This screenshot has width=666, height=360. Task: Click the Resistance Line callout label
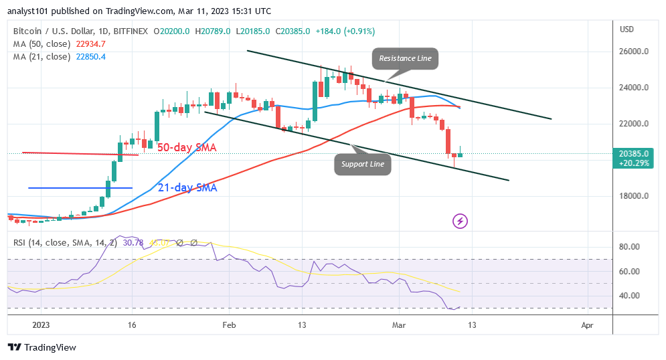[406, 59]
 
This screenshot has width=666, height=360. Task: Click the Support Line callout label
[362, 164]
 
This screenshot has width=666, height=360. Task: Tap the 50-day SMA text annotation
[187, 147]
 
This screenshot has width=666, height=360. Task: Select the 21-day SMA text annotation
[187, 188]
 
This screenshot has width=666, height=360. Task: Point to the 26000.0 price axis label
[633, 52]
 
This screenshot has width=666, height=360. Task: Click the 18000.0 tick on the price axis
[633, 196]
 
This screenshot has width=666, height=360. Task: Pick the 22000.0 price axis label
[633, 124]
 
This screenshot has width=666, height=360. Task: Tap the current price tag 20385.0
[633, 153]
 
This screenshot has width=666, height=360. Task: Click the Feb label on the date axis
[229, 325]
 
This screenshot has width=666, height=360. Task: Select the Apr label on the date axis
[588, 325]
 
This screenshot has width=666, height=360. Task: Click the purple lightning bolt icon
[460, 220]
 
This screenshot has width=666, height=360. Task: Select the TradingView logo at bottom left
[41, 347]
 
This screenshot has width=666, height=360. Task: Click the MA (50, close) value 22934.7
[89, 43]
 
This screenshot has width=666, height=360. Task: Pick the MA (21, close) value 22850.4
[89, 56]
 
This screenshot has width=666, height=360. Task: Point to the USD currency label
[627, 29]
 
